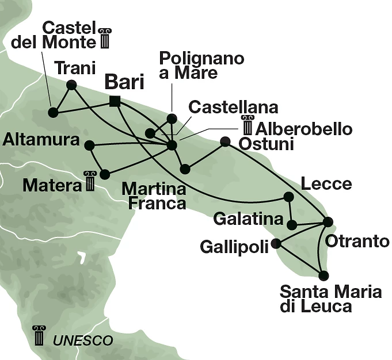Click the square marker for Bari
(115, 102)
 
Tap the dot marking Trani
(72, 85)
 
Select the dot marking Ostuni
(225, 141)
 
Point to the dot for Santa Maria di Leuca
(324, 275)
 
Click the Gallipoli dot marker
(276, 243)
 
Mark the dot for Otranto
(328, 221)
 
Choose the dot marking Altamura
(89, 145)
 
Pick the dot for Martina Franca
(185, 169)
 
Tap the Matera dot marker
(105, 173)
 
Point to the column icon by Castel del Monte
(104, 38)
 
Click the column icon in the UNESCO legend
(39, 335)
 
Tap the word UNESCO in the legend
(82, 340)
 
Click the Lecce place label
(326, 184)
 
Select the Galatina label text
(248, 219)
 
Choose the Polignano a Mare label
(201, 66)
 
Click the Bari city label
(124, 83)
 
